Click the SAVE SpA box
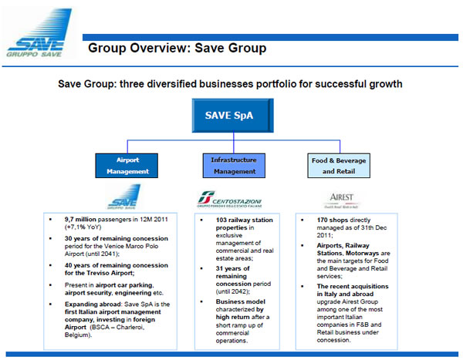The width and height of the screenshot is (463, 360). click(x=228, y=116)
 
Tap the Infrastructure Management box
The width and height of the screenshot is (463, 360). click(x=234, y=165)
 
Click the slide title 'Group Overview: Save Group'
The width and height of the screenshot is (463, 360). click(x=177, y=49)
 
